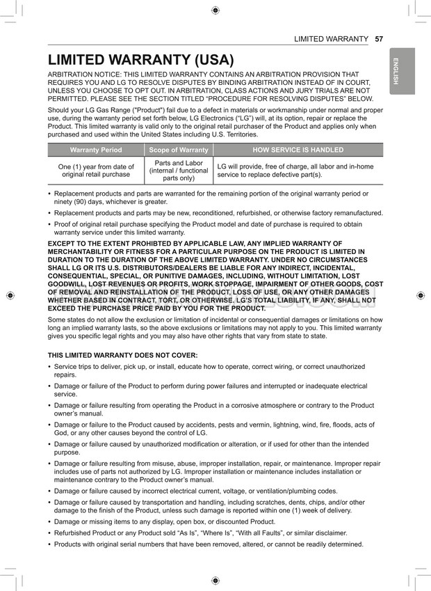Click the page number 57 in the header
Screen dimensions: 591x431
pos(379,38)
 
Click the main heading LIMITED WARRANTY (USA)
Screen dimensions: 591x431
pos(140,61)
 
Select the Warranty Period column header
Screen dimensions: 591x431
pos(96,150)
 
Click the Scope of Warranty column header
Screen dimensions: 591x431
pos(179,150)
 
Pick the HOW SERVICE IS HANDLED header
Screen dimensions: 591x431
pos(298,150)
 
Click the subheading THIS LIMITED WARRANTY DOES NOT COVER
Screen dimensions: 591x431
pos(122,355)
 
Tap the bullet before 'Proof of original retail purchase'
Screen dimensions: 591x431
pos(49,225)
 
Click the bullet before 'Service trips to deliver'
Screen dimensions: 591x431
pos(49,367)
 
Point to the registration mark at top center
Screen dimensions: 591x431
pos(215,10)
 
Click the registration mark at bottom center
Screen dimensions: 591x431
pos(215,581)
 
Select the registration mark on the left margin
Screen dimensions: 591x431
pos(10,295)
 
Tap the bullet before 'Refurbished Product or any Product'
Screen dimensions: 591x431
pos(49,533)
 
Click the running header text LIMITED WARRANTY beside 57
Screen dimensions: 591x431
pos(331,38)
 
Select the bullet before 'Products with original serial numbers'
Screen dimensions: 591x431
pos(49,544)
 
